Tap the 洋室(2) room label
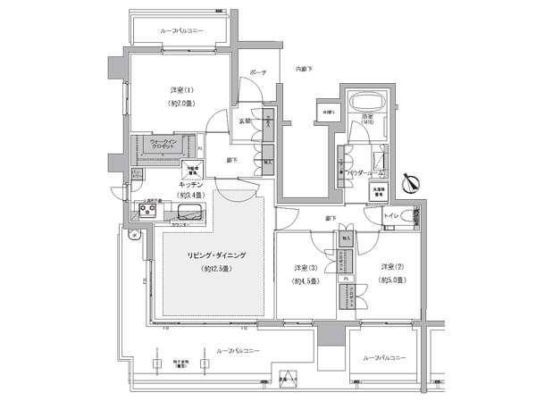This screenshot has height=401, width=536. click(x=393, y=267)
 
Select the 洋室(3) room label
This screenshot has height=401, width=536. click(x=306, y=267)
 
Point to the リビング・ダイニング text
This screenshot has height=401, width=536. click(x=215, y=255)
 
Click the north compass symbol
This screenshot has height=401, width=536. click(x=410, y=182)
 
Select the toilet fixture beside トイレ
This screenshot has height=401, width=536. click(x=412, y=215)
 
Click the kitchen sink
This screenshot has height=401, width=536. click(x=189, y=212)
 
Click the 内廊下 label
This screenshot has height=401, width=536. click(x=304, y=68)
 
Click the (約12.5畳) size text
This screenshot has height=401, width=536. click(x=215, y=269)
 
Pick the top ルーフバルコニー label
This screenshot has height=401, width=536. click(x=181, y=30)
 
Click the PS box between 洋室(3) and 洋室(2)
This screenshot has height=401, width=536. click(x=345, y=277)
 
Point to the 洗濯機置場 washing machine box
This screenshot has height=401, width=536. click(x=377, y=190)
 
